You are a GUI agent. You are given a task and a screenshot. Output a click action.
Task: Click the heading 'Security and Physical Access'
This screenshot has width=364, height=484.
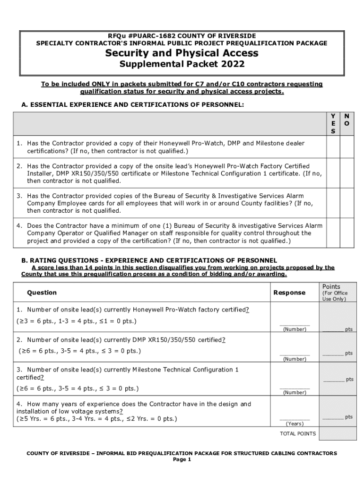click(182, 53)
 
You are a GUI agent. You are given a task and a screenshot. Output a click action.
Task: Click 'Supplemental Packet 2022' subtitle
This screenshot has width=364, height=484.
click(182, 64)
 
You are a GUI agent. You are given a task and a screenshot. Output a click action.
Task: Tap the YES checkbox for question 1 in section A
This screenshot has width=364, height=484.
click(333, 147)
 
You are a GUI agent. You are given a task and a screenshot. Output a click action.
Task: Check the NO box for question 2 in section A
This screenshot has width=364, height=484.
click(347, 173)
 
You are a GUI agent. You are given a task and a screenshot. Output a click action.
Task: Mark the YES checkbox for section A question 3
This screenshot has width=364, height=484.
click(333, 203)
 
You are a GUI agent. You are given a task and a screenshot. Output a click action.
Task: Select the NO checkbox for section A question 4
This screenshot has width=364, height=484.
click(347, 233)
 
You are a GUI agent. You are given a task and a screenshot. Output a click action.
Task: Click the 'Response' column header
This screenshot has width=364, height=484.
click(289, 293)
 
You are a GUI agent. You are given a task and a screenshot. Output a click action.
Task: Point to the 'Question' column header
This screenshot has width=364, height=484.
click(42, 293)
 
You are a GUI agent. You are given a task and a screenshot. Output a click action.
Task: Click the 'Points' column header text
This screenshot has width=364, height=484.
click(331, 286)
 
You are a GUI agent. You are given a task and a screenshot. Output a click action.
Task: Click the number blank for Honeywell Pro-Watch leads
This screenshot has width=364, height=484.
click(294, 324)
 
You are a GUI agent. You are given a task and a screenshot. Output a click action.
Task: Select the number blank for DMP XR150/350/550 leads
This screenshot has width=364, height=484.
click(294, 354)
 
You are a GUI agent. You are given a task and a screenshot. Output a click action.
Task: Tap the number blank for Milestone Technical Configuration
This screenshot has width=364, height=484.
click(294, 387)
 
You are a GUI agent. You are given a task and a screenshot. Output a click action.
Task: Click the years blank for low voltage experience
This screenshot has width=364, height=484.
click(295, 418)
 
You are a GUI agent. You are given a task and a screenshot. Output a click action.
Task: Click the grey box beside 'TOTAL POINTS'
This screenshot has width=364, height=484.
click(336, 434)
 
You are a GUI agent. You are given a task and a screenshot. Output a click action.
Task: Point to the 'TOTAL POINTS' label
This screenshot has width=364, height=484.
click(298, 433)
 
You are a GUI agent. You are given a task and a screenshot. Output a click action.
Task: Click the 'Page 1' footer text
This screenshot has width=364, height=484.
click(182, 459)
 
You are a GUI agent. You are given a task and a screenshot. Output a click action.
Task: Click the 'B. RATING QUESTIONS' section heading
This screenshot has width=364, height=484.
click(149, 260)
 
